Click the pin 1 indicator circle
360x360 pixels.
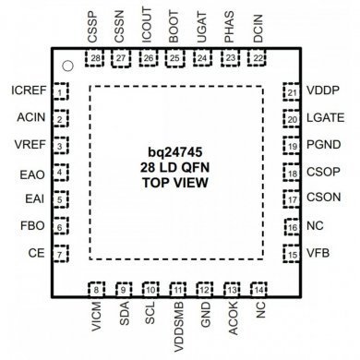(66, 66)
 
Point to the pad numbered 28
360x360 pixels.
(97, 58)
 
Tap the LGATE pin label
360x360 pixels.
(326, 119)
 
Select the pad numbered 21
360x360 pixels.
(292, 92)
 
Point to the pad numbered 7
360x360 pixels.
(60, 254)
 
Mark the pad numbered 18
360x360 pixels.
(292, 173)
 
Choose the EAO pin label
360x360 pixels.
(32, 172)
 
